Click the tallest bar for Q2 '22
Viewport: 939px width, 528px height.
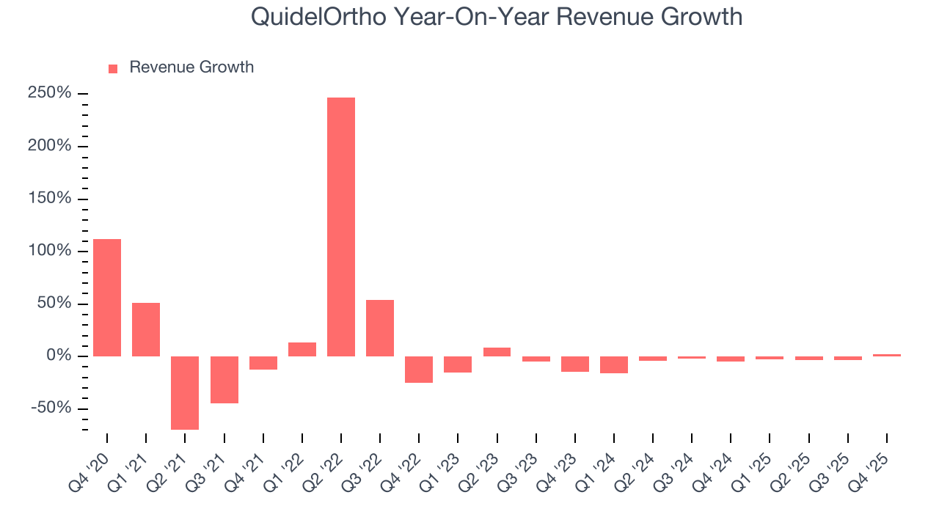click(341, 227)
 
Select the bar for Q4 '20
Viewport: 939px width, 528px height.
click(107, 297)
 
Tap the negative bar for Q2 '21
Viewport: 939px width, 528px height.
click(185, 392)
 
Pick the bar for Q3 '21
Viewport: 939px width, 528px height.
click(224, 379)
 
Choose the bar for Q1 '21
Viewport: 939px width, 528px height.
click(146, 329)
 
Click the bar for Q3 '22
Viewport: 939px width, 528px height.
click(380, 328)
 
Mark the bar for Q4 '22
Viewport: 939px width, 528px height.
click(419, 369)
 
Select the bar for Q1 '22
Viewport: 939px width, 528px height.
click(302, 349)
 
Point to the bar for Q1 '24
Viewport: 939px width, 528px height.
click(614, 364)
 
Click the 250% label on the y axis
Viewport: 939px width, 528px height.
click(50, 94)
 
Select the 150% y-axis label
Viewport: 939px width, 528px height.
click(50, 199)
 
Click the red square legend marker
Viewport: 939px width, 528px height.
click(113, 68)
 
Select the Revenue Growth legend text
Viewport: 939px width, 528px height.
click(191, 67)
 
